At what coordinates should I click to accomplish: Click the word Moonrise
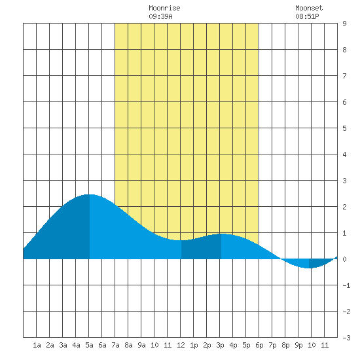(164, 8)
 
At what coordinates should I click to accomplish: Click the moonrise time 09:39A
(160, 16)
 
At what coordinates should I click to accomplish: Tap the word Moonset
(309, 8)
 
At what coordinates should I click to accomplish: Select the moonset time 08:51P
(307, 16)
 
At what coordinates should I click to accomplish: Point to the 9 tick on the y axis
(344, 24)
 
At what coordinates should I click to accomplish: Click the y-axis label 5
(344, 128)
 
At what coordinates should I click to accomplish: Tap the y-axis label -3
(346, 338)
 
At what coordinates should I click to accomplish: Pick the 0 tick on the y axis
(344, 259)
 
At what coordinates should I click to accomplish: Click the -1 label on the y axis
(346, 285)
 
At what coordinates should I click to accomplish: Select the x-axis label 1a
(37, 345)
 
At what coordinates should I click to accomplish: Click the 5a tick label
(89, 345)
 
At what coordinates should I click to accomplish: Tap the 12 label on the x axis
(181, 345)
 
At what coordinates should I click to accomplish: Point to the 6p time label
(259, 345)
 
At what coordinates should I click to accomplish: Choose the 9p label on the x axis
(298, 345)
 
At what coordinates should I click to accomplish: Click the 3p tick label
(220, 345)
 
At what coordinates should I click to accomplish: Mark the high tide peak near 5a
(90, 194)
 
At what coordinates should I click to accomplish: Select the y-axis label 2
(344, 207)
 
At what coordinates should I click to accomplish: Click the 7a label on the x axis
(115, 345)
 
